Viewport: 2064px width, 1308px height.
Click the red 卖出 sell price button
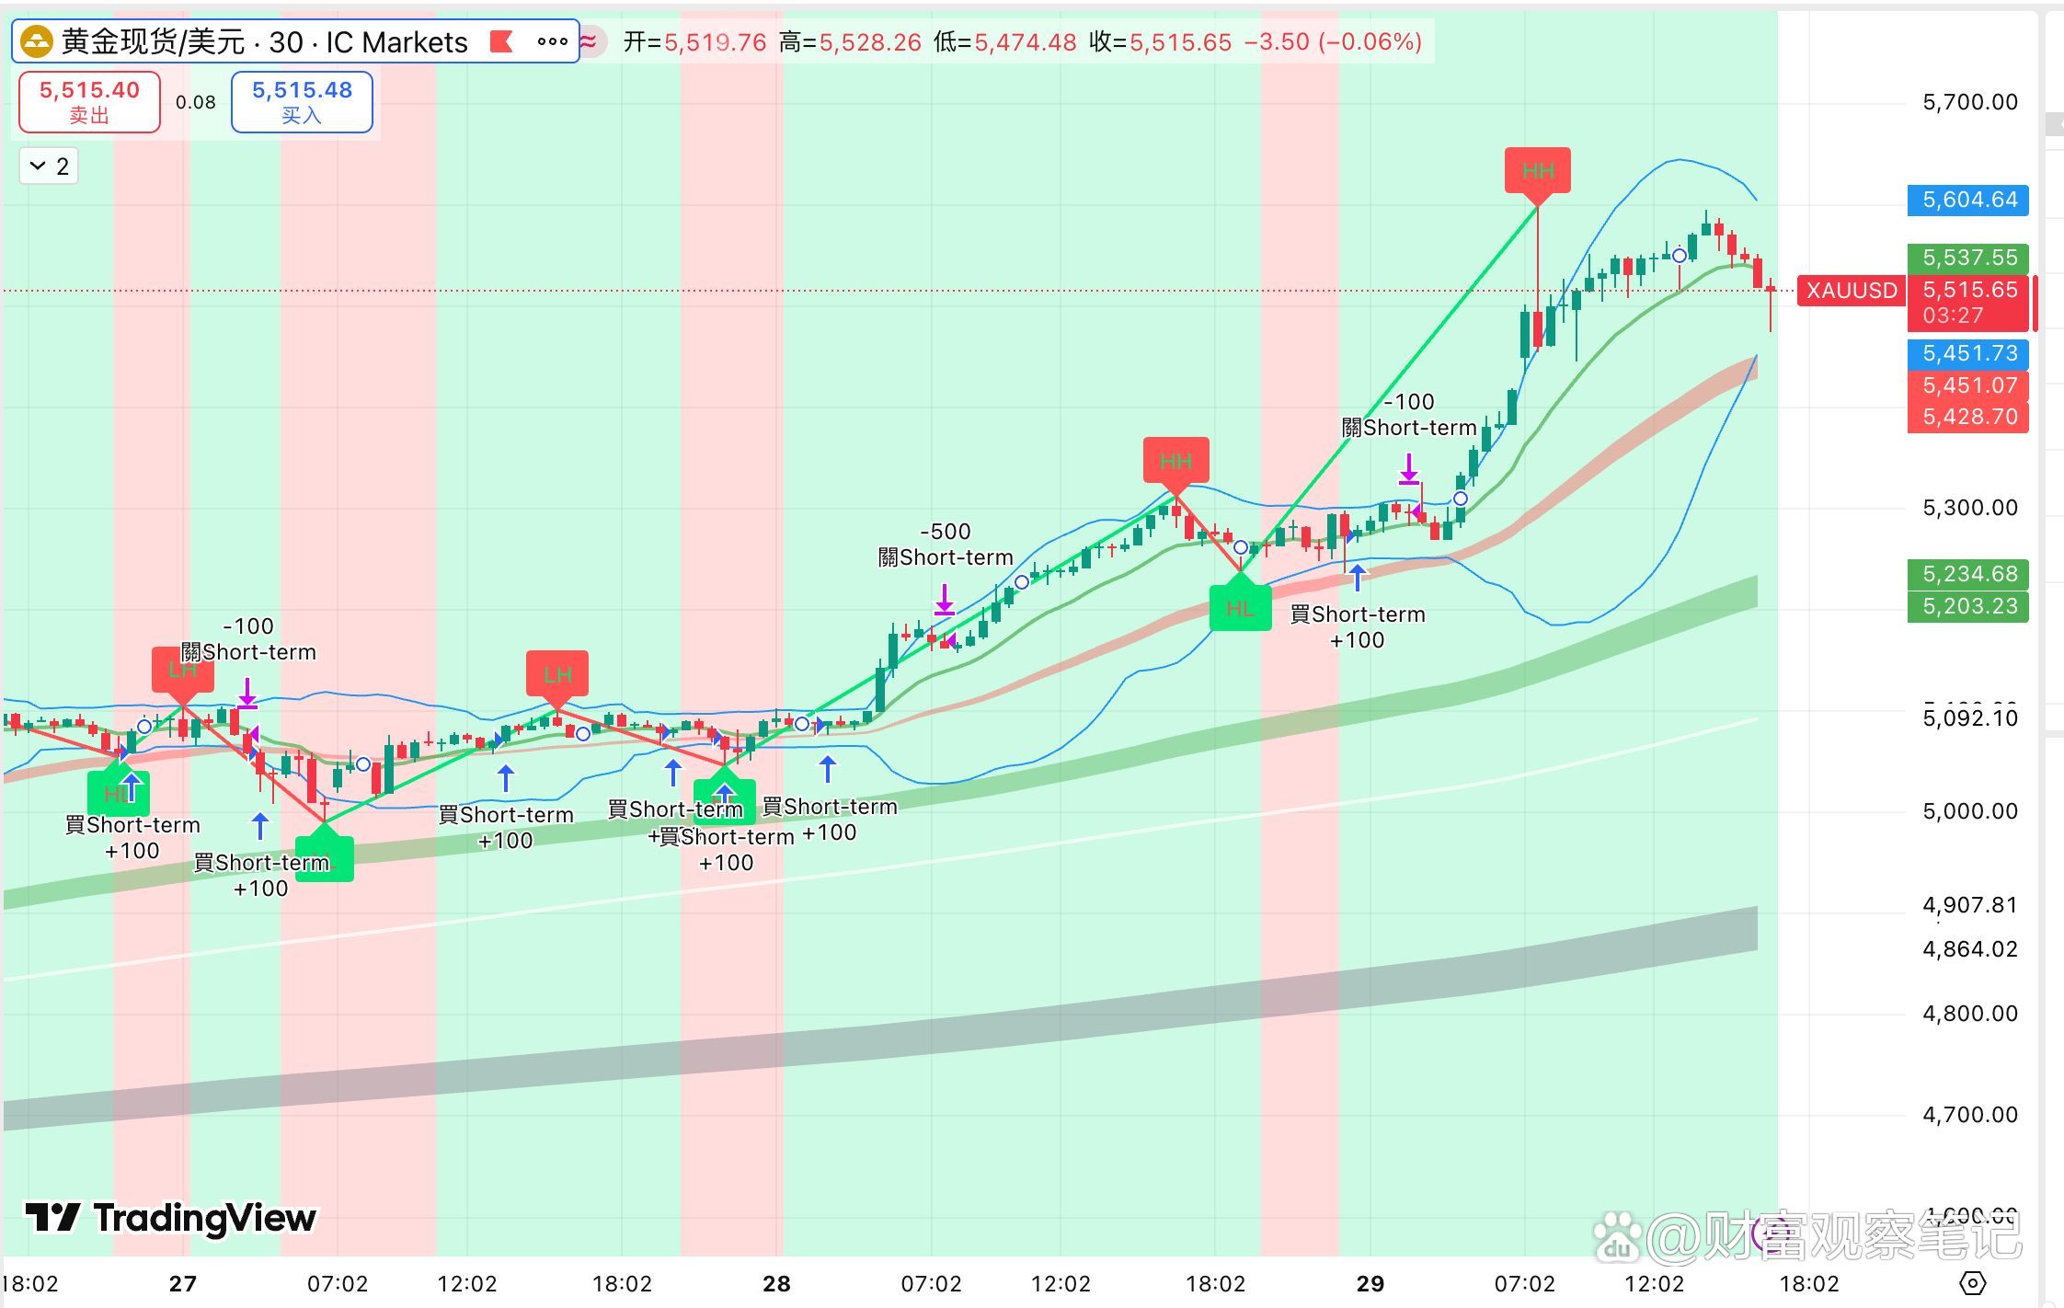pyautogui.click(x=89, y=101)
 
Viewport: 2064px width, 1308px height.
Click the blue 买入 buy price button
pyautogui.click(x=302, y=101)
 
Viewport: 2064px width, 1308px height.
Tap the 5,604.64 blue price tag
pyautogui.click(x=1968, y=200)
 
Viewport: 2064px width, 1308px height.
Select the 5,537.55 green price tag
pyautogui.click(x=1968, y=258)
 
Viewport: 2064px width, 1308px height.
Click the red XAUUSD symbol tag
pyautogui.click(x=1851, y=291)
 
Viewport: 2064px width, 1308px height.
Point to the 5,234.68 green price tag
pyautogui.click(x=1968, y=574)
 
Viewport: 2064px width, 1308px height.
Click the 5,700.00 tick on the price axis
pyautogui.click(x=1969, y=102)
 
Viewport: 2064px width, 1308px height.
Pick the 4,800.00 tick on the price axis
pyautogui.click(x=1969, y=1014)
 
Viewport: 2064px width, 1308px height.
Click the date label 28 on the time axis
pyautogui.click(x=776, y=1283)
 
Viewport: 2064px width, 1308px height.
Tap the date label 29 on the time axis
pyautogui.click(x=1370, y=1283)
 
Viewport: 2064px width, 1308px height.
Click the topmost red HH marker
pyautogui.click(x=1537, y=171)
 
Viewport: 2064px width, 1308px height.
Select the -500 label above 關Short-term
pyautogui.click(x=946, y=532)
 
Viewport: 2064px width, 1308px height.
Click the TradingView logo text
pyautogui.click(x=171, y=1218)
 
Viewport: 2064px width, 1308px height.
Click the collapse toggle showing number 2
pyautogui.click(x=50, y=166)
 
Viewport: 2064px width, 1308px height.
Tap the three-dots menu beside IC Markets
pyautogui.click(x=552, y=41)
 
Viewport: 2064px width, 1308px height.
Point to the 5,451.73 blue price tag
pyautogui.click(x=1968, y=353)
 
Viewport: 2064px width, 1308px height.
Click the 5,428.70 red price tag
pyautogui.click(x=1968, y=417)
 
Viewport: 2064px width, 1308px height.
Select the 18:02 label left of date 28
pyautogui.click(x=622, y=1283)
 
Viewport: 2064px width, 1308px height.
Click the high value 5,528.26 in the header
pyautogui.click(x=869, y=42)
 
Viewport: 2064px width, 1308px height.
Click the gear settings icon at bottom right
pyautogui.click(x=1972, y=1282)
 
